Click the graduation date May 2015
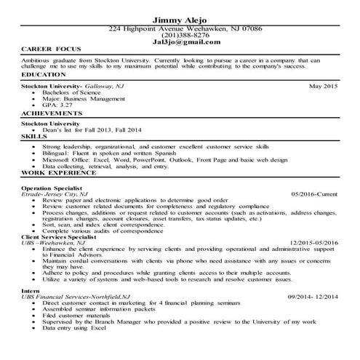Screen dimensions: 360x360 pyautogui.click(x=324, y=87)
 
